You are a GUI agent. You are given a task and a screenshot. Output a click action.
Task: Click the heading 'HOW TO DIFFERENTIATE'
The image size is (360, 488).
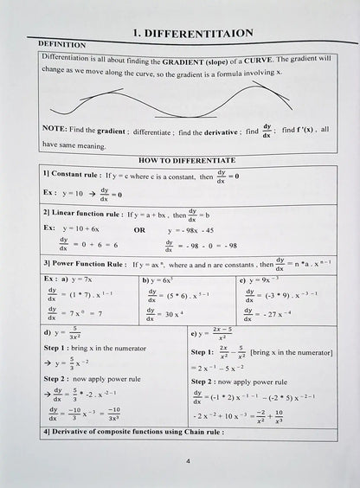(x=187, y=160)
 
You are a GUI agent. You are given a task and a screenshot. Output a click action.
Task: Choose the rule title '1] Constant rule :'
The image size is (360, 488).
(x=73, y=175)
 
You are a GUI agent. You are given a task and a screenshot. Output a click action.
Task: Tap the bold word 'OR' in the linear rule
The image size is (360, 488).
(x=138, y=230)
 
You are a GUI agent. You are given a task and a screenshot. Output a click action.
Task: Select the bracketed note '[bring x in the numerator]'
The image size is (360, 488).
(x=291, y=352)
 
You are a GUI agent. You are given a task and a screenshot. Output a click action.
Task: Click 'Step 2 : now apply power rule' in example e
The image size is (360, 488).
(x=239, y=381)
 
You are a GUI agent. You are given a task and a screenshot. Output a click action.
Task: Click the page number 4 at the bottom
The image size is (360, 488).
(x=188, y=461)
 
